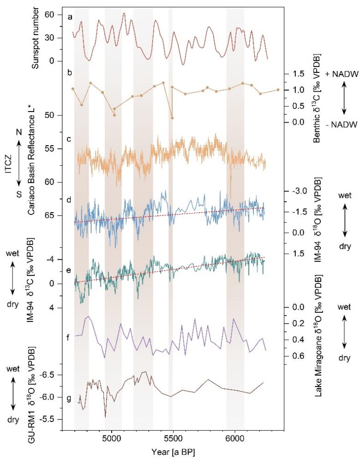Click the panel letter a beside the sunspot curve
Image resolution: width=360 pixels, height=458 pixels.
point(70,17)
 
